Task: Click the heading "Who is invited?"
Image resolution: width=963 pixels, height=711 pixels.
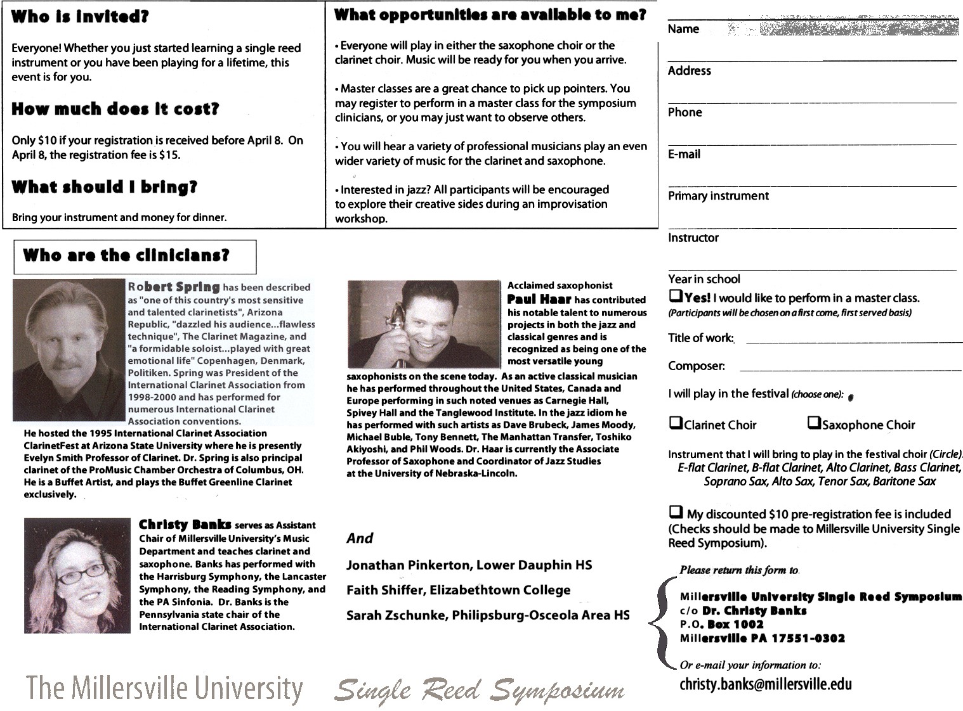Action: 80,17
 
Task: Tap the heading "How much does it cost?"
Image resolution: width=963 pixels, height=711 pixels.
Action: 115,109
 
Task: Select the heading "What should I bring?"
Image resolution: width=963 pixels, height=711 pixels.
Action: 105,187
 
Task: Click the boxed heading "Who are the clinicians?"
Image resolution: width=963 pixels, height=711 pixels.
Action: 126,255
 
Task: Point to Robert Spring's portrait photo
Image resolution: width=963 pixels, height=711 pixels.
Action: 69,350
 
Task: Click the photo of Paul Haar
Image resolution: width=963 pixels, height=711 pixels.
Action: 424,324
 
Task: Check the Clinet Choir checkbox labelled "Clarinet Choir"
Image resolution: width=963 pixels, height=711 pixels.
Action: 676,423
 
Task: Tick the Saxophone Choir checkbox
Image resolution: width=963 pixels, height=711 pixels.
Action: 814,423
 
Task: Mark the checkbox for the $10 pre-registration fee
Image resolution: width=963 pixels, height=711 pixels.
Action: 676,512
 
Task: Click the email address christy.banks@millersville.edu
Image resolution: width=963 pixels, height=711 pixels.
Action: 765,684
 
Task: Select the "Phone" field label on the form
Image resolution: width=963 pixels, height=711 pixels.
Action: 685,112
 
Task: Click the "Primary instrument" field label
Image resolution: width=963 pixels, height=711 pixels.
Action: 718,196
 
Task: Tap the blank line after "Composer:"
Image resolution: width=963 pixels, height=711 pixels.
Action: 850,368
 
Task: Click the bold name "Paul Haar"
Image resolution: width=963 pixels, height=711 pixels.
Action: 539,299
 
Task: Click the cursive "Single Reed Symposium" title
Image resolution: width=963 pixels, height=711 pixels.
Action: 479,689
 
